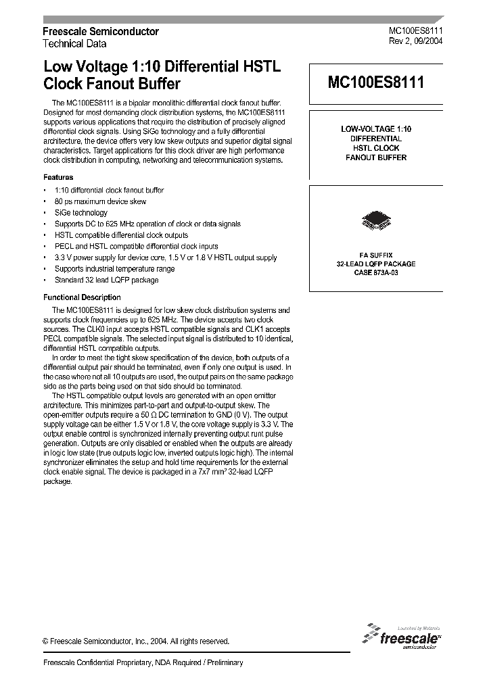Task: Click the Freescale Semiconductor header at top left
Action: coord(101,32)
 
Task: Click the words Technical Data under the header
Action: coord(74,44)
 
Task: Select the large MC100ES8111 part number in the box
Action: coord(376,83)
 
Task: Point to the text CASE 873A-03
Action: coord(375,272)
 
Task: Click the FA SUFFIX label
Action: coord(375,255)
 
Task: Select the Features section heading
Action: coord(59,176)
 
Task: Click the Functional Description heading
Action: coord(82,297)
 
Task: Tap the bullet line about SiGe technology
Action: coord(80,213)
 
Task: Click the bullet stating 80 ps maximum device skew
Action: coord(100,201)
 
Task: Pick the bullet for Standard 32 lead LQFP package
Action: coord(106,280)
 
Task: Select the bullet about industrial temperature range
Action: coord(114,269)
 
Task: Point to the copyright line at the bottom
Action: coord(136,641)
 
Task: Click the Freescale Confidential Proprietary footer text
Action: coord(143,663)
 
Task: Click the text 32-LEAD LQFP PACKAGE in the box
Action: coord(375,264)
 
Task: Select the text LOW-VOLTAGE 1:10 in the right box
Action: coord(375,128)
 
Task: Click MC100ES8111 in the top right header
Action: coord(415,31)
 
